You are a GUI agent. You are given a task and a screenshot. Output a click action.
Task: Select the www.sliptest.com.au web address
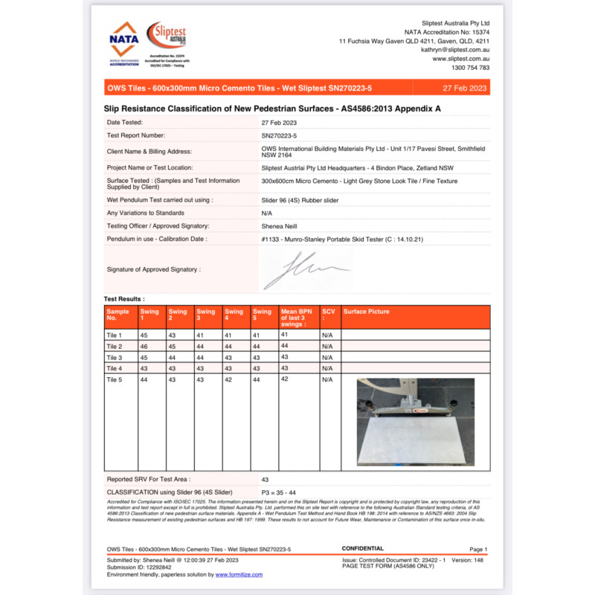pos(460,58)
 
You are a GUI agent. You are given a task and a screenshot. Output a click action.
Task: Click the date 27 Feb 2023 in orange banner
pos(464,88)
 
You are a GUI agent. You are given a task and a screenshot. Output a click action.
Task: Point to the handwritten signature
pos(305,270)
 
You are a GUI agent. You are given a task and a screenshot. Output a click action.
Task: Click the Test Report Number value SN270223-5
pos(279,135)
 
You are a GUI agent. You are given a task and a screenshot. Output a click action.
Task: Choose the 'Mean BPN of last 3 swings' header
pos(297,318)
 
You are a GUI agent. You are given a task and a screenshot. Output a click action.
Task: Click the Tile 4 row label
pos(114,368)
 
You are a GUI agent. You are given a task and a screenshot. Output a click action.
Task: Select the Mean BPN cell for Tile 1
pos(284,335)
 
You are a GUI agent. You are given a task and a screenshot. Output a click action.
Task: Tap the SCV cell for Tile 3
pos(327,358)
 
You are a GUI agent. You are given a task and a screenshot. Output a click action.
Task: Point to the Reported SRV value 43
pos(266,480)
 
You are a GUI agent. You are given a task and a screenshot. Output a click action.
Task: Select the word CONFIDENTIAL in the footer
pos(362,549)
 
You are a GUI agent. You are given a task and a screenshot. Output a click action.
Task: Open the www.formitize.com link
pos(235,575)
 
